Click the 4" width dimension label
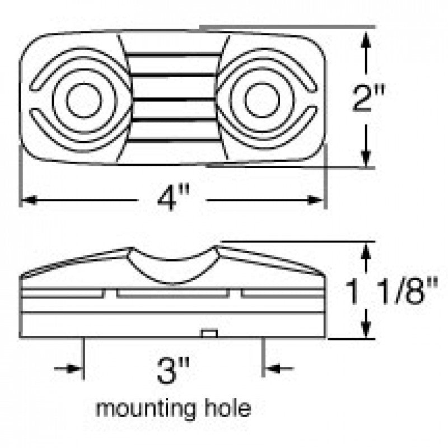[173, 197]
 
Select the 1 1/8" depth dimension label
[391, 291]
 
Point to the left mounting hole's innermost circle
[84, 100]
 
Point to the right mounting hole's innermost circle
[262, 100]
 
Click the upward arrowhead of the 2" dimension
[366, 39]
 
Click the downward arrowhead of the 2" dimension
[366, 158]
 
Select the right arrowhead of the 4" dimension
[315, 200]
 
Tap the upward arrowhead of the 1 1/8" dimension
[366, 251]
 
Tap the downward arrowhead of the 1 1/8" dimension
[366, 329]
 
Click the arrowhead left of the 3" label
[75, 369]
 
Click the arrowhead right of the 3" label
[272, 369]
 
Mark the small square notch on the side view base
[209, 333]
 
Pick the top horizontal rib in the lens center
[173, 54]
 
